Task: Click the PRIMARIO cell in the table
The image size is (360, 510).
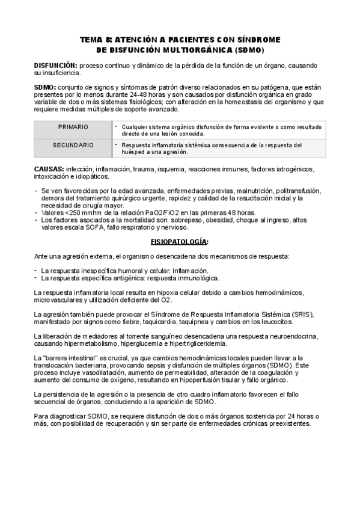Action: [73, 127]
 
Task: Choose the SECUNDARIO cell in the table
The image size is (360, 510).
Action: [73, 146]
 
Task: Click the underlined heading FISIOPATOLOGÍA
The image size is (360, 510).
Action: [180, 242]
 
